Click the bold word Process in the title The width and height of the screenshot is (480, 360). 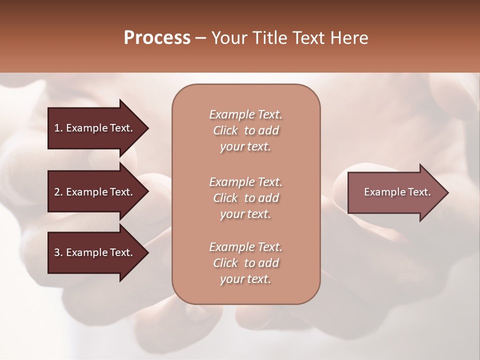(x=157, y=38)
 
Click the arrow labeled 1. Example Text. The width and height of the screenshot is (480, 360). (x=95, y=128)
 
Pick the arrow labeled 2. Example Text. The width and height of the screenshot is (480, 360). (x=95, y=192)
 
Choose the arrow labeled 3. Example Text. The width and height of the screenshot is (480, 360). (x=95, y=252)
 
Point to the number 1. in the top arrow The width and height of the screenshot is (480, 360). (x=58, y=128)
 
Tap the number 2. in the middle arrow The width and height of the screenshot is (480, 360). (x=58, y=192)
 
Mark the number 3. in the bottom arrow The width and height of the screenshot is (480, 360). (x=58, y=252)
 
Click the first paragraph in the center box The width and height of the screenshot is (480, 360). (x=245, y=130)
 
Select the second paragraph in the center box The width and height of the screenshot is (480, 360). (x=245, y=198)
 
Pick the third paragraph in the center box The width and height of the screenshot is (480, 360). (x=245, y=263)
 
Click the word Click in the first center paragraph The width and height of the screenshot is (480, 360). (x=225, y=130)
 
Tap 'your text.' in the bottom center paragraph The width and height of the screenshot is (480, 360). (x=245, y=279)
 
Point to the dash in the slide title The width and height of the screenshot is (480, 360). (x=201, y=38)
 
